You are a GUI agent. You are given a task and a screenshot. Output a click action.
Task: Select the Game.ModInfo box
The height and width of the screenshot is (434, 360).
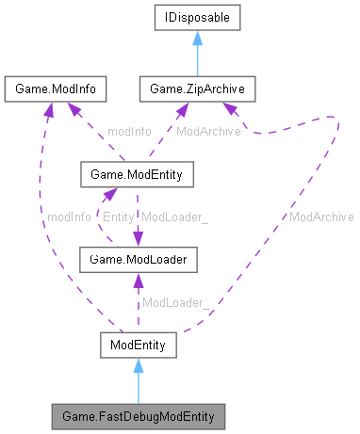(x=54, y=89)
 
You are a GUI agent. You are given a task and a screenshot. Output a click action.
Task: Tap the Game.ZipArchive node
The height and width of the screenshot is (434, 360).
(x=192, y=89)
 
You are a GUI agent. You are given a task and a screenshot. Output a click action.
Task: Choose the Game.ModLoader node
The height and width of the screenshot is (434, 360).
(x=138, y=258)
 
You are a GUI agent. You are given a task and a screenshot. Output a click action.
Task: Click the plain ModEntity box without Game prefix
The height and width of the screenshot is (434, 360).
(x=138, y=347)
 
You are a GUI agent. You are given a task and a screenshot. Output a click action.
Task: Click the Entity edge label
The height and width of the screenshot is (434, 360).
(x=118, y=217)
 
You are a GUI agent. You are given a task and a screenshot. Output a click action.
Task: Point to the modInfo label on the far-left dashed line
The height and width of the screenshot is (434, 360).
(x=69, y=217)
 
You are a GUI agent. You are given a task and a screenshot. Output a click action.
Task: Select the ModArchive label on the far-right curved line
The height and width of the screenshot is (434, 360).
(x=321, y=217)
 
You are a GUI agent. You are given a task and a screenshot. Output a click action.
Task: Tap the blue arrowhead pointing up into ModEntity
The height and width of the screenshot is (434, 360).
(x=138, y=365)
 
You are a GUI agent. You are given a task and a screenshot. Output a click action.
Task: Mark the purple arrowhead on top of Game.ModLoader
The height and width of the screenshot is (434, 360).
(x=139, y=240)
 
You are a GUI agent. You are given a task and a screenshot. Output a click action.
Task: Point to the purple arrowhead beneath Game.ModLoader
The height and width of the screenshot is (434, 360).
(x=138, y=278)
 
